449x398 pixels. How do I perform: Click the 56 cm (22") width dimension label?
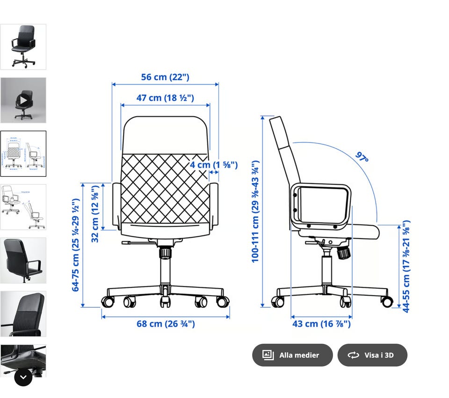tap(165, 77)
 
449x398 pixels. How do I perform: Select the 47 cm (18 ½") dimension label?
tap(165, 98)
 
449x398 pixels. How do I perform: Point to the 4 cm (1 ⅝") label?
tap(213, 165)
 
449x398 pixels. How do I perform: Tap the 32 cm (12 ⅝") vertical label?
tap(95, 214)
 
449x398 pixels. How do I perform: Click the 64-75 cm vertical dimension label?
tap(75, 245)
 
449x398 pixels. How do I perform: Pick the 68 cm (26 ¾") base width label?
tap(166, 324)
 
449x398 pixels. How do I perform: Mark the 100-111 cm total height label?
tap(255, 211)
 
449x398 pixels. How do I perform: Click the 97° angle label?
tap(362, 157)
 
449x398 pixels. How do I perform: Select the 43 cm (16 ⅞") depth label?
tap(321, 324)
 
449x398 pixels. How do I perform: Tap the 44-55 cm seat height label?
tap(406, 266)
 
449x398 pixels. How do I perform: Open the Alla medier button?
tap(292, 355)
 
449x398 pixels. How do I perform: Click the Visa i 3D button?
tap(372, 355)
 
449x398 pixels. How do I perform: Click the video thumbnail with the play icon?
tap(23, 100)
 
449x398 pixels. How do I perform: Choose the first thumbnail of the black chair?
tap(23, 47)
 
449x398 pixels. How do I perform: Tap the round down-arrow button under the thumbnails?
tap(23, 377)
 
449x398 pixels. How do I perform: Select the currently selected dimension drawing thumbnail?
tap(23, 154)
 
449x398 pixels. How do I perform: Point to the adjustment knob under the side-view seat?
tap(344, 253)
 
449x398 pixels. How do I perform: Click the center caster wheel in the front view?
tap(165, 301)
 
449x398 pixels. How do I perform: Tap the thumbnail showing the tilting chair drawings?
tap(23, 207)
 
